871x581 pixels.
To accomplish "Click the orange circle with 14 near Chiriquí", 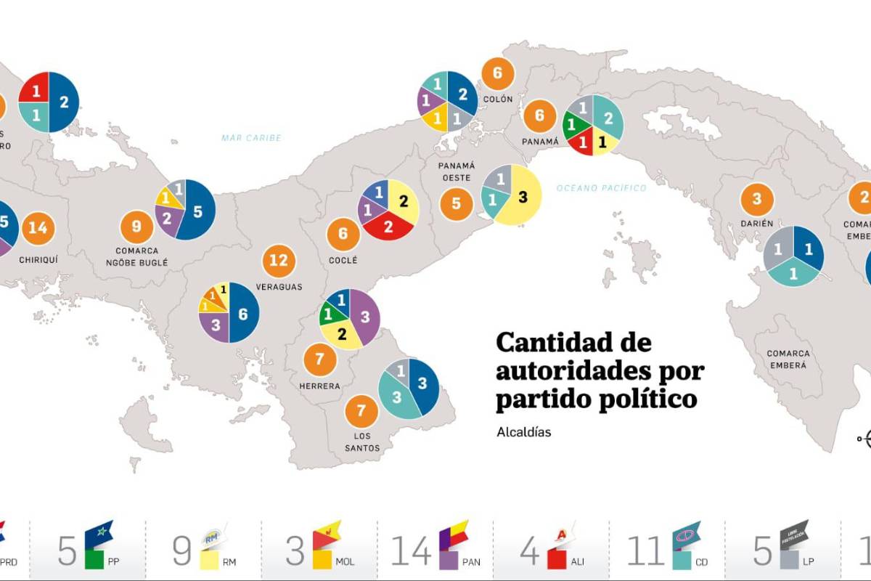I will click(38, 228).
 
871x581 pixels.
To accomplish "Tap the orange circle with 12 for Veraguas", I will click(279, 260).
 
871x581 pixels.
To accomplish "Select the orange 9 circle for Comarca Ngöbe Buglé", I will click(136, 227).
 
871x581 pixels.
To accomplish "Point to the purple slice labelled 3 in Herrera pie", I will click(365, 317).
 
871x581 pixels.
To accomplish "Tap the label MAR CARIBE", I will click(252, 138).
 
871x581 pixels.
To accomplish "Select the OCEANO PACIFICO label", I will click(601, 188).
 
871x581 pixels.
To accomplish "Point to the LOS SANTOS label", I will click(362, 442).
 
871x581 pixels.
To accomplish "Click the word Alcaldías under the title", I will click(523, 432).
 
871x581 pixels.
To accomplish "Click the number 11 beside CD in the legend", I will click(645, 552).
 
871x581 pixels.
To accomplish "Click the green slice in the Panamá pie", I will click(573, 125).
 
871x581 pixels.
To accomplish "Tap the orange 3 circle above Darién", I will click(757, 200).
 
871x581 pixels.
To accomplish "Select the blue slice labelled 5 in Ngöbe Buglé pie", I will click(197, 211).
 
